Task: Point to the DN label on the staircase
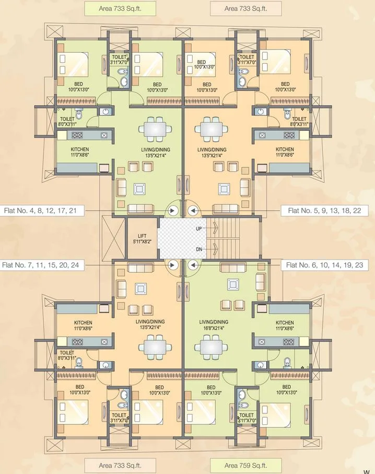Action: (x=199, y=249)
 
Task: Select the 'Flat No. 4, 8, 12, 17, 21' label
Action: (x=41, y=211)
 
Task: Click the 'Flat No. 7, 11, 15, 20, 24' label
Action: (x=41, y=265)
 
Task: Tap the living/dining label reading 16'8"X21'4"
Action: (x=214, y=325)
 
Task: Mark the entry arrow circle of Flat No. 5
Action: (x=192, y=211)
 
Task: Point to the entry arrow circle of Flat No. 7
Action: (x=173, y=265)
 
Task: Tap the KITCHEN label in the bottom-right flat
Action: (x=285, y=325)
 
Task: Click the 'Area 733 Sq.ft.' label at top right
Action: (x=245, y=8)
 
